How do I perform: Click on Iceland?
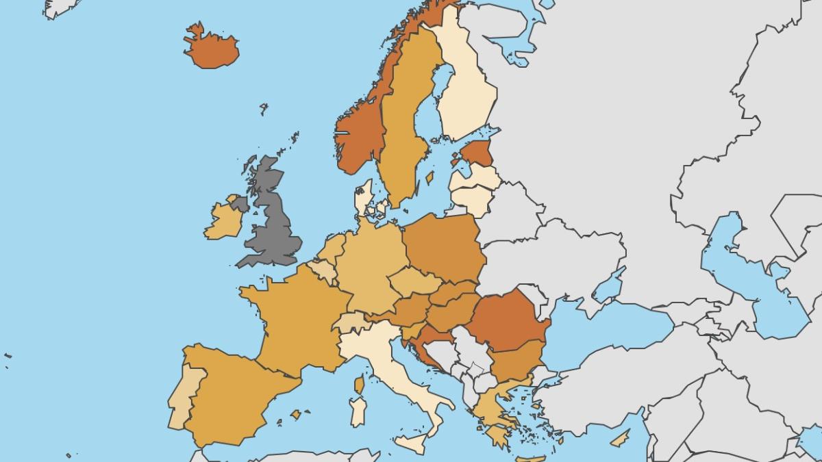point(212,49)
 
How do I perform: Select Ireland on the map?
point(223,220)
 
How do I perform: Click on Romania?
point(507,318)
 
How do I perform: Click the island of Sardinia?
point(358,411)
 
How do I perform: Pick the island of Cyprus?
point(620,439)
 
